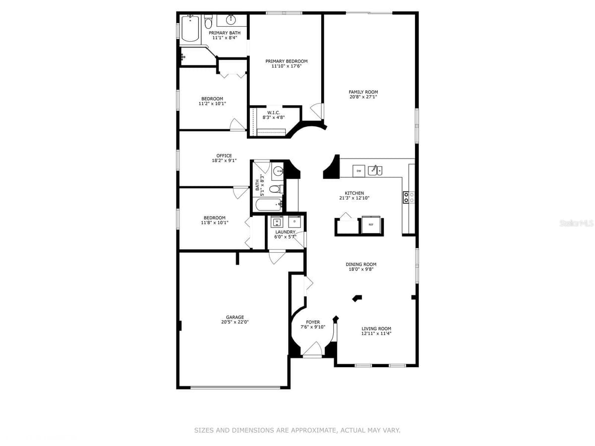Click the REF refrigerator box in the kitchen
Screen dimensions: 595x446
[370, 224]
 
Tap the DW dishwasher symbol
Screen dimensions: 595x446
[358, 171]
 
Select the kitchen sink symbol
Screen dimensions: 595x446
[375, 170]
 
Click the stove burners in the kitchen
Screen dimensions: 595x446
[409, 197]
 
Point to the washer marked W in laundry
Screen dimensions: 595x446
[277, 222]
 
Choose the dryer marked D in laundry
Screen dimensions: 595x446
[295, 222]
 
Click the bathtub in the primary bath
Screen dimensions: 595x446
[190, 28]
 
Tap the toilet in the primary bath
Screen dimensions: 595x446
[208, 21]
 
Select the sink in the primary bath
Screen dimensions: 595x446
[231, 20]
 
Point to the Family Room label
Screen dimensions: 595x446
[363, 92]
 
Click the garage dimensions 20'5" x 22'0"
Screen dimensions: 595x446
[235, 322]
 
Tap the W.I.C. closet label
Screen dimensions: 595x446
[274, 112]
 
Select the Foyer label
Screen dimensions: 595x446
[313, 322]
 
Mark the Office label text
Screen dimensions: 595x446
[224, 156]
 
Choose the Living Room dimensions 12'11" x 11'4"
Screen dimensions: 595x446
[376, 334]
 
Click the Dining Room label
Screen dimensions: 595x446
[361, 264]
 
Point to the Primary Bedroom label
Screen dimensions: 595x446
[286, 61]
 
